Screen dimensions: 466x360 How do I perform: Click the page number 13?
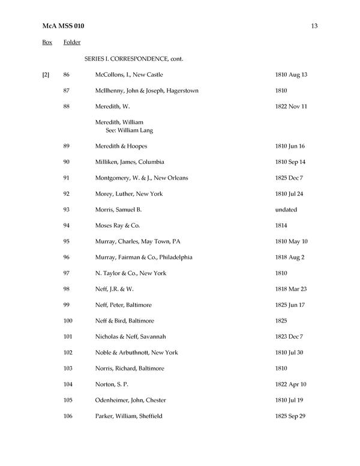(314, 26)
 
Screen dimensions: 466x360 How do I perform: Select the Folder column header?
(72, 43)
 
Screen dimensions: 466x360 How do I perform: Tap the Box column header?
(47, 43)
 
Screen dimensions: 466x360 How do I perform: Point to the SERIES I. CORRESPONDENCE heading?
(133, 59)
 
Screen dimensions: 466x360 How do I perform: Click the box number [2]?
(46, 75)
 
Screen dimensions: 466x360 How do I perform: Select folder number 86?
(67, 75)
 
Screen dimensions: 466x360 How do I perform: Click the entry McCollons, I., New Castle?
(129, 75)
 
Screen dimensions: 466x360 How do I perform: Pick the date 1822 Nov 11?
(291, 107)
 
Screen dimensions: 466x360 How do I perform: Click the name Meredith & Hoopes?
(121, 147)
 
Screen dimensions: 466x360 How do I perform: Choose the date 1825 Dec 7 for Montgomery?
(289, 178)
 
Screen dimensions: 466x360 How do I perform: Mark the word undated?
(286, 210)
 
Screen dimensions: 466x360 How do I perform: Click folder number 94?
(67, 226)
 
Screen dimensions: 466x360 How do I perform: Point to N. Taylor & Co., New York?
(131, 273)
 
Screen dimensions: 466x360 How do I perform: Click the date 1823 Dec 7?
(289, 337)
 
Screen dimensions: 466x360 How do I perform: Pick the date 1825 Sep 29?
(290, 416)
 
